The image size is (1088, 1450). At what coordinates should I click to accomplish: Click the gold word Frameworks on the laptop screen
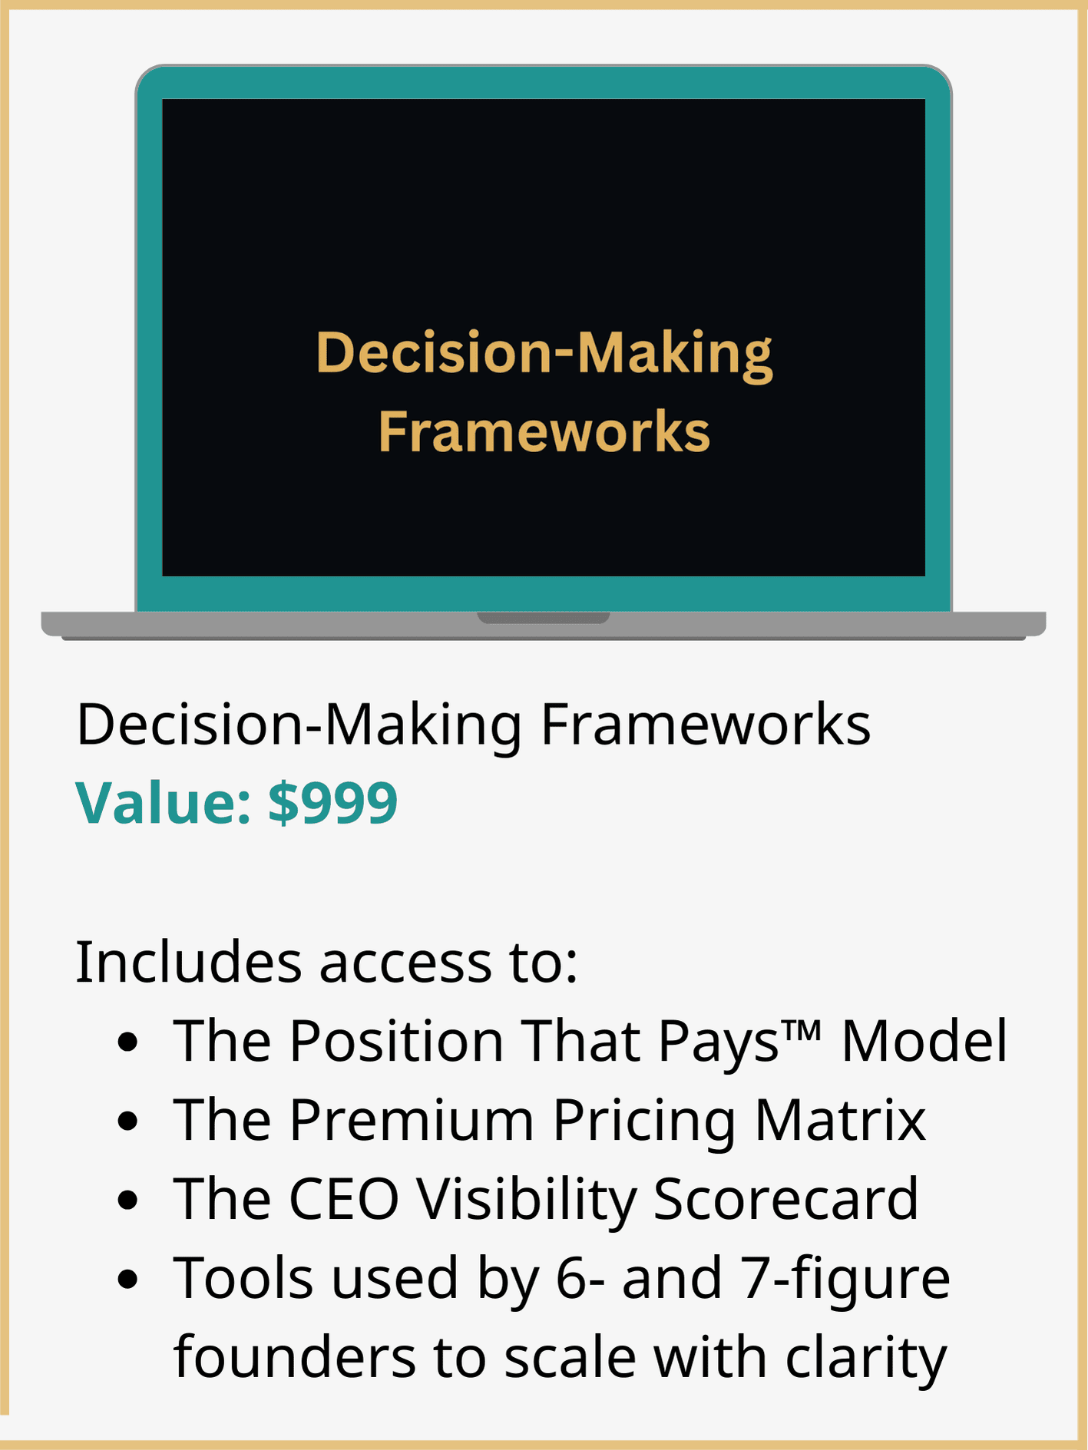(x=544, y=431)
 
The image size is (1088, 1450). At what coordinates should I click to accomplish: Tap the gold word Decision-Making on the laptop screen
(x=544, y=354)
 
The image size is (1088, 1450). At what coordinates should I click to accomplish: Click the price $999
(x=332, y=802)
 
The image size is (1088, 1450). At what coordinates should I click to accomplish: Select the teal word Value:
(x=163, y=803)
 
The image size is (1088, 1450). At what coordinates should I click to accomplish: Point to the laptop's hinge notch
(x=544, y=617)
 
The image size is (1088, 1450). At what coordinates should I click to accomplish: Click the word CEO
(x=344, y=1199)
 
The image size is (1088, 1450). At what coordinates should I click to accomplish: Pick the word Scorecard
(x=785, y=1199)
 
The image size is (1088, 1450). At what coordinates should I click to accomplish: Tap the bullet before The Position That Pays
(x=128, y=1042)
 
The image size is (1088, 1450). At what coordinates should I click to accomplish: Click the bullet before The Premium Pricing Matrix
(x=128, y=1121)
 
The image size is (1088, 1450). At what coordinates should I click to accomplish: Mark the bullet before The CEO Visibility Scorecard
(x=128, y=1200)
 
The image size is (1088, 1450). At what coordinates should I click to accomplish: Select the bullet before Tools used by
(x=128, y=1279)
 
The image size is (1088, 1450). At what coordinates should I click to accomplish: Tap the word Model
(x=924, y=1042)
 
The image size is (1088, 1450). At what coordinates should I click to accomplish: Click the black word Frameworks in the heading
(x=706, y=724)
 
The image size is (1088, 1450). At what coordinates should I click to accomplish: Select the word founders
(x=295, y=1357)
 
